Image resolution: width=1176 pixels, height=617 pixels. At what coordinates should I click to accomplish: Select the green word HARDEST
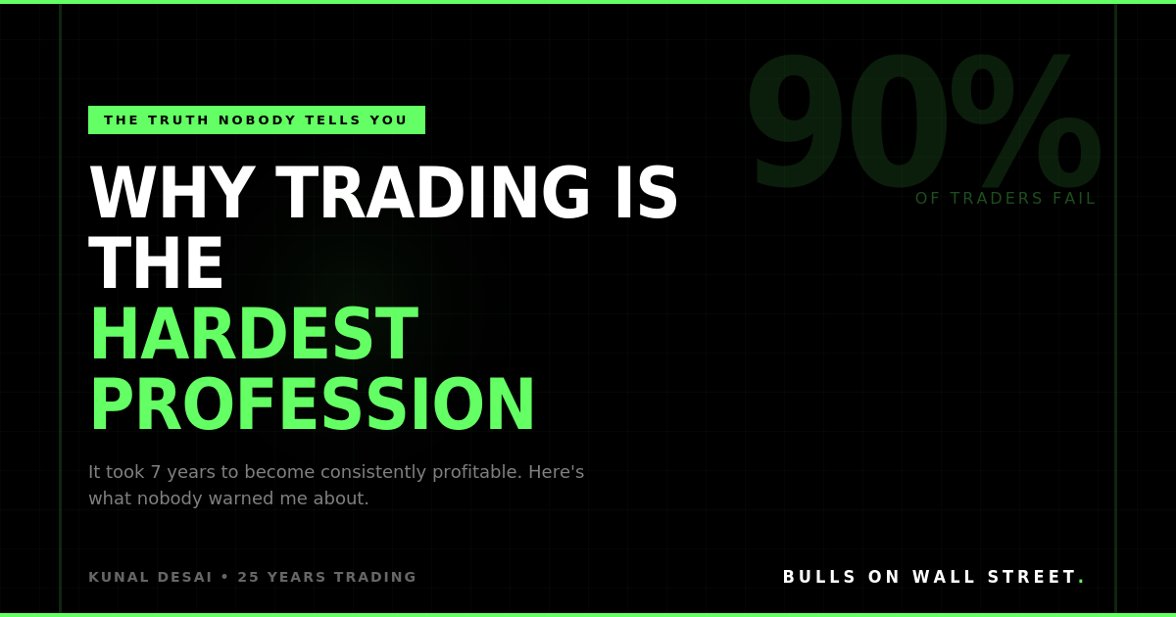click(253, 336)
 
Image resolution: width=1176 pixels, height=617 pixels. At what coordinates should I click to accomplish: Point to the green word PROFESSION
click(313, 406)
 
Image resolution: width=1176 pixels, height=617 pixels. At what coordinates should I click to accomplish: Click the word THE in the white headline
click(157, 265)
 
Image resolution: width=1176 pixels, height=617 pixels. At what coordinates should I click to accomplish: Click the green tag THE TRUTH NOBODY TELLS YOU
click(256, 120)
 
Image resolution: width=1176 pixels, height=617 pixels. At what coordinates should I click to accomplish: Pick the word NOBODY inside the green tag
click(257, 120)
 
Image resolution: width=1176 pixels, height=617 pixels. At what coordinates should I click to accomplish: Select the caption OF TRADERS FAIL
click(1005, 199)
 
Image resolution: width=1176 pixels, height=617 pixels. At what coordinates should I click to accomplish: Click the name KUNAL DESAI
click(150, 578)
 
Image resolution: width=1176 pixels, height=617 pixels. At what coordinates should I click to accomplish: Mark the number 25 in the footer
click(248, 578)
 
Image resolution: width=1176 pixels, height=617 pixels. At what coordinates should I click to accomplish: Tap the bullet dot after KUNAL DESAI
click(224, 578)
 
